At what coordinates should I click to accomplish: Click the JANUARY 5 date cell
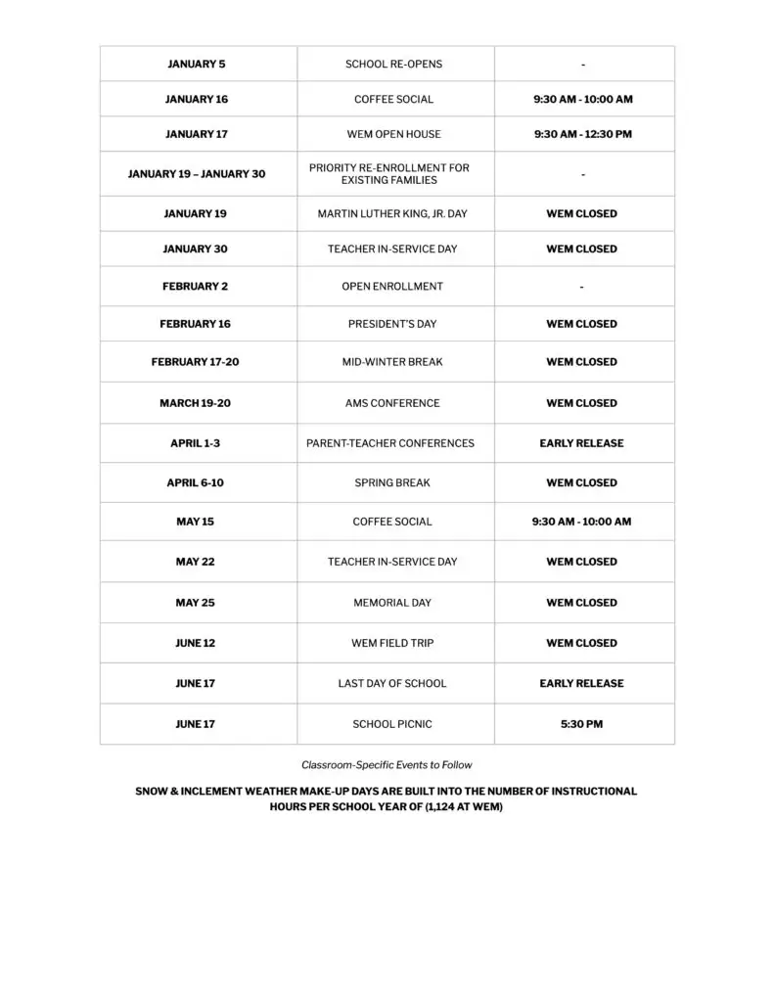[197, 65]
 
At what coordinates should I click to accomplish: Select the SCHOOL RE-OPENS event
[393, 65]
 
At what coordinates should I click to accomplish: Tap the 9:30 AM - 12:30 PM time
[582, 134]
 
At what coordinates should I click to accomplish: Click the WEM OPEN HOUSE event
[393, 134]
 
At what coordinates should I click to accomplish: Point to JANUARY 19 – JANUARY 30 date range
[197, 174]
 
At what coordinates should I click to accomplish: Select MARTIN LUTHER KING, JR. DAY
[393, 213]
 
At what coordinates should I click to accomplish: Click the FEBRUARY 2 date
[195, 287]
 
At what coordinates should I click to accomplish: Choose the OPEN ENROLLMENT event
[392, 287]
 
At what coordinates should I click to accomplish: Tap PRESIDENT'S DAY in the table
[392, 324]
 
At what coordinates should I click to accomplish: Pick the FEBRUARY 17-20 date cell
[195, 362]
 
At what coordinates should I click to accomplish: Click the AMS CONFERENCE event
[392, 403]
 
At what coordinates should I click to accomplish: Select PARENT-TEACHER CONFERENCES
[390, 443]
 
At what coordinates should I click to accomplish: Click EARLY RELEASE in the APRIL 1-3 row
[581, 443]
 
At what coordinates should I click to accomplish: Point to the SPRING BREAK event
[392, 482]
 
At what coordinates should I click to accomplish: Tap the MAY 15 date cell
[195, 522]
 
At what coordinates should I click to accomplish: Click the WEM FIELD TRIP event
[392, 643]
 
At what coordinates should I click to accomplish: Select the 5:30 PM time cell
[581, 724]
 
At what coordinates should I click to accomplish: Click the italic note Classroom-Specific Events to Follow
[387, 765]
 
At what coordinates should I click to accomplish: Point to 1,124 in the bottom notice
[445, 808]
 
